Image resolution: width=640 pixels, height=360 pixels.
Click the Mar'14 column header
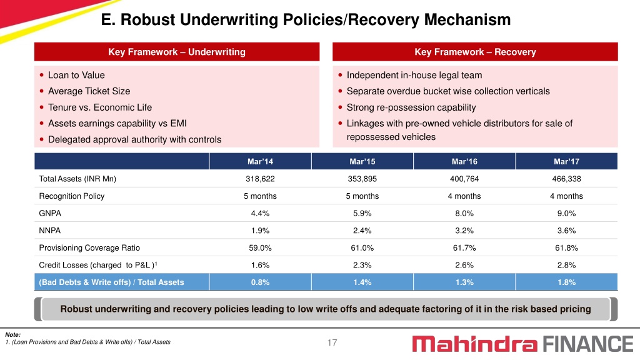260,162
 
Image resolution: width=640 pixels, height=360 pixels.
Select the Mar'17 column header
566,162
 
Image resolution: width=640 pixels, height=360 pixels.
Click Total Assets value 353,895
362,179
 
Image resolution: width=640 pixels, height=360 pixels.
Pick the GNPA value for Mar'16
464,213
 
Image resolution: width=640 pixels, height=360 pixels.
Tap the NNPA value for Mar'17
566,231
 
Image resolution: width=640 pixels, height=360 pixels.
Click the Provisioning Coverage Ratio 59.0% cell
260,247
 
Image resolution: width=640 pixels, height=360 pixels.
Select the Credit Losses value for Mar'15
362,265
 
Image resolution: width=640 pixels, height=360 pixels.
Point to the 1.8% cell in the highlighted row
566,282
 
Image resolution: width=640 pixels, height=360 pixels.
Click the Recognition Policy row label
72,196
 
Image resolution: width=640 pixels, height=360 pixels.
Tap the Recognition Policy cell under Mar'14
260,196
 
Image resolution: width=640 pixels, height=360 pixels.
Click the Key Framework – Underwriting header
177,52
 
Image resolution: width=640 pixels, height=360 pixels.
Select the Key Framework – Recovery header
475,52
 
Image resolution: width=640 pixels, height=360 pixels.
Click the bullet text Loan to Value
76,75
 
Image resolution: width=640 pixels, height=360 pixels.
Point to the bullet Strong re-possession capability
411,107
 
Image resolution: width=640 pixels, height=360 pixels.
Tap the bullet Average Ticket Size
89,91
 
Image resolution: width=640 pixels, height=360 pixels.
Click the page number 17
332,343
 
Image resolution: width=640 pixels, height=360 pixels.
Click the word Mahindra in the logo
475,344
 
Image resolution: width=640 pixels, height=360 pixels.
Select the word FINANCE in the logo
587,344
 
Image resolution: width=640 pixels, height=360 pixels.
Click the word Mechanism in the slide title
467,19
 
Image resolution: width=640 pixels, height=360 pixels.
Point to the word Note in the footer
12,335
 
